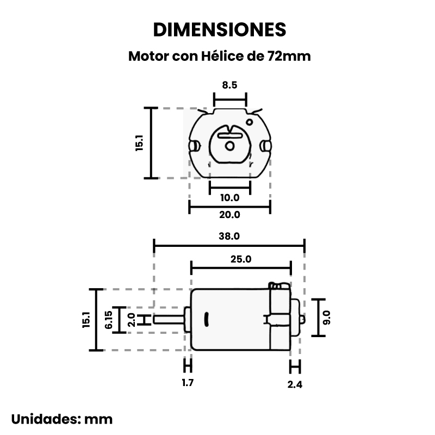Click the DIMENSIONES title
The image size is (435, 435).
point(219,29)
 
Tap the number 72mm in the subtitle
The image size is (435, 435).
point(289,56)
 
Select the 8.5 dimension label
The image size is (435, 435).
point(229,85)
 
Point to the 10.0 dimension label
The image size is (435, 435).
point(229,197)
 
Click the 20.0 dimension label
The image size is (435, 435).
point(229,215)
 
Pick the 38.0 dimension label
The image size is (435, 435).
point(229,237)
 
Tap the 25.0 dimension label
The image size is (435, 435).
point(241,259)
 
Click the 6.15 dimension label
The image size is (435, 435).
point(109,320)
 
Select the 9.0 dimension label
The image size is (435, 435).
point(326,317)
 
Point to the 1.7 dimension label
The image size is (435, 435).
point(188,383)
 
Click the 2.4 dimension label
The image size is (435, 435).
point(295,384)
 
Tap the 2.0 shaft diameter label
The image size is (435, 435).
point(131,319)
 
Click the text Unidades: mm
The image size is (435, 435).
point(62,419)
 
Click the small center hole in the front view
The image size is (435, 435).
point(229,146)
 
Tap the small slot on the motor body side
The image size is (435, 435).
point(207,319)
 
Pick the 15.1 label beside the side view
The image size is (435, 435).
point(85,320)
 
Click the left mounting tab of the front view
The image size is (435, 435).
point(195,145)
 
